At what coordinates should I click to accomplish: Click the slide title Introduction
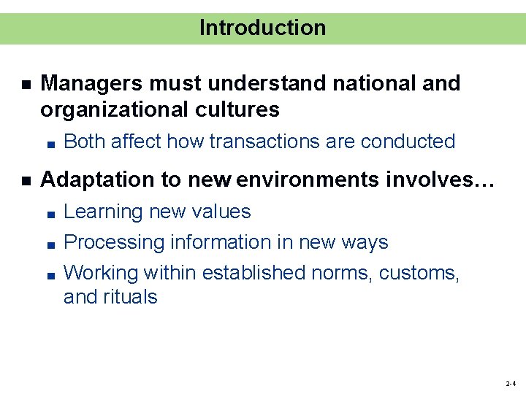pyautogui.click(x=262, y=28)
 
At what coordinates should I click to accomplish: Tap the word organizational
pyautogui.click(x=108, y=110)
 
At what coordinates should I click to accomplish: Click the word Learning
pyautogui.click(x=103, y=212)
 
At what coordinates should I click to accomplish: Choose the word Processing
pyautogui.click(x=114, y=242)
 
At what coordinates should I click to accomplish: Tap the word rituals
pyautogui.click(x=131, y=297)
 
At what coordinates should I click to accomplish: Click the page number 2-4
pyautogui.click(x=510, y=383)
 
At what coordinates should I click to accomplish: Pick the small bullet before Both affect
pyautogui.click(x=49, y=143)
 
